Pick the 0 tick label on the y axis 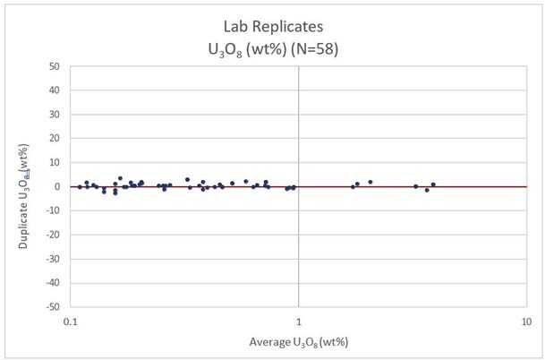pyautogui.click(x=56, y=187)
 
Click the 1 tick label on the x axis pyautogui.click(x=298, y=321)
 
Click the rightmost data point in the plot pyautogui.click(x=433, y=184)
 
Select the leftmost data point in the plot pyautogui.click(x=80, y=186)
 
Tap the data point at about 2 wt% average pyautogui.click(x=370, y=182)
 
